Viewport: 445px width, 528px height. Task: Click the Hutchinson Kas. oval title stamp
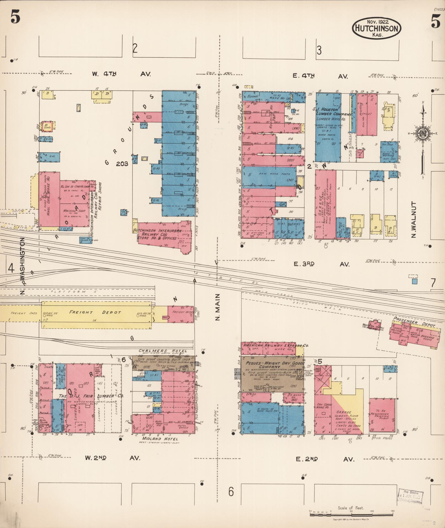point(376,28)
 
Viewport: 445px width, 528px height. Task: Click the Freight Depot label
point(95,312)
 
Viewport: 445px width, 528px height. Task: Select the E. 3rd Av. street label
point(321,264)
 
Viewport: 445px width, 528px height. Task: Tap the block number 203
point(122,164)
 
